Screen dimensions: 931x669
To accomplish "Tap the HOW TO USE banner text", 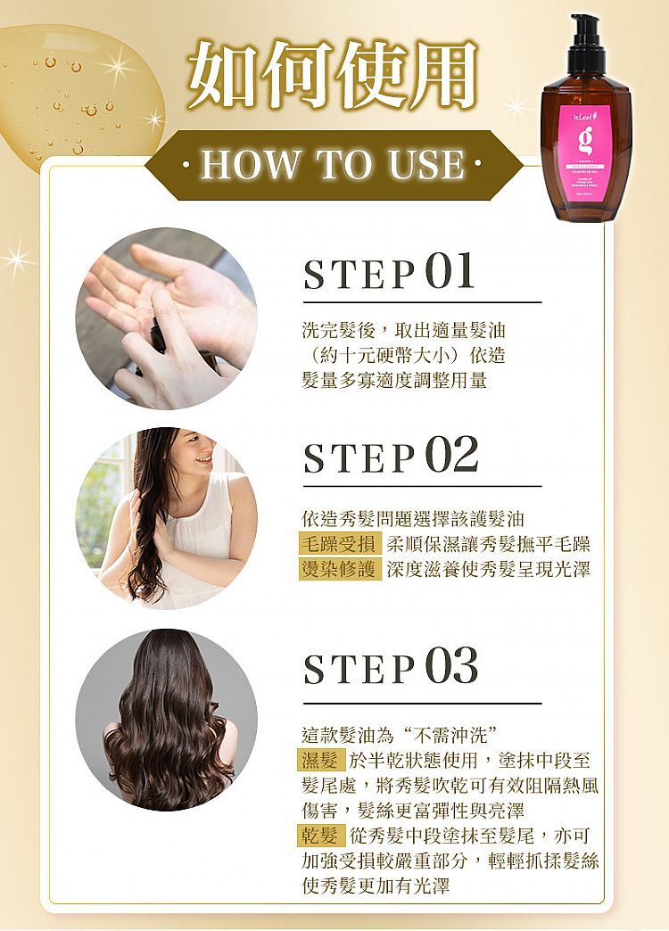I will click(333, 165).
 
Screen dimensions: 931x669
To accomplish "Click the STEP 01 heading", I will click(389, 274).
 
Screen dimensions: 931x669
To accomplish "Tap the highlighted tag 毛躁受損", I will click(341, 544).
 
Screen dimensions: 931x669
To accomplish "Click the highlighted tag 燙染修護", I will click(341, 569).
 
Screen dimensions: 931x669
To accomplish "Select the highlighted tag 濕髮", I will click(321, 761).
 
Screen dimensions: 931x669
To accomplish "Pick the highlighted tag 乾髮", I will click(321, 836).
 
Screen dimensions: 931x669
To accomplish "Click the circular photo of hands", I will click(167, 318).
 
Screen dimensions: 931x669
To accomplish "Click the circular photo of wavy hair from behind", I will click(167, 720).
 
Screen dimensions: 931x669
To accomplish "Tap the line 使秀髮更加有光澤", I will click(375, 886).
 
